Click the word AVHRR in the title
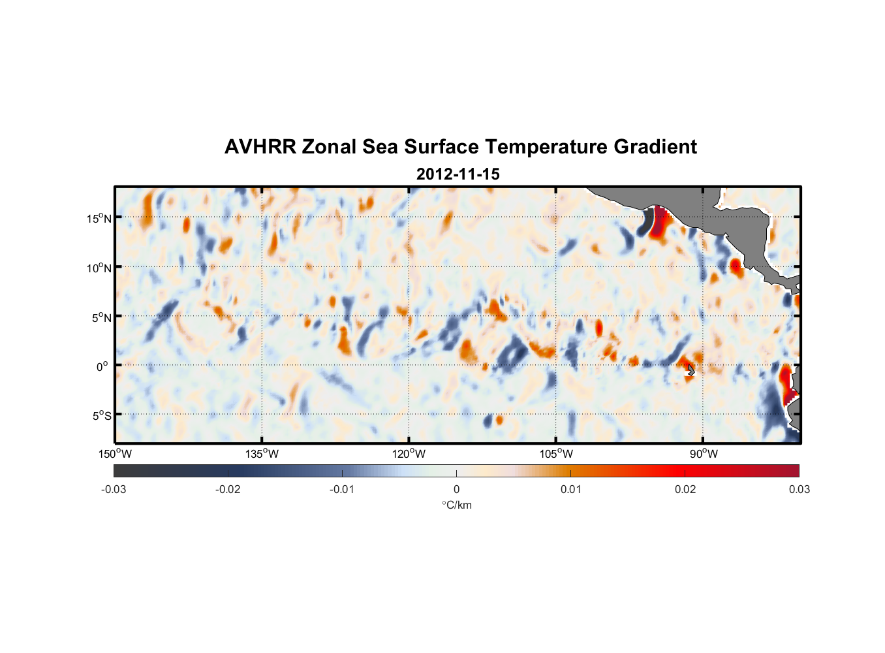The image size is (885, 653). pyautogui.click(x=260, y=147)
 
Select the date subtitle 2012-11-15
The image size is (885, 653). pyautogui.click(x=458, y=174)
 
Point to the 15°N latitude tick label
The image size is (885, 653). pyautogui.click(x=99, y=218)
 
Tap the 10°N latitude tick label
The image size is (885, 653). pyautogui.click(x=99, y=268)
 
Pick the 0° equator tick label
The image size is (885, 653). pyautogui.click(x=102, y=366)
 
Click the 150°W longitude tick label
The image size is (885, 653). pyautogui.click(x=116, y=454)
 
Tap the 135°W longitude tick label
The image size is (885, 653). pyautogui.click(x=262, y=454)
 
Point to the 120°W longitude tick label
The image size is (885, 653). pyautogui.click(x=409, y=454)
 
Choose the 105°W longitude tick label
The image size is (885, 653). pyautogui.click(x=556, y=454)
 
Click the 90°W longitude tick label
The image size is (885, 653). pyautogui.click(x=704, y=454)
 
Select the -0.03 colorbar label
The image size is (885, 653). pyautogui.click(x=114, y=490)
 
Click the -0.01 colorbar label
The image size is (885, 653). pyautogui.click(x=342, y=490)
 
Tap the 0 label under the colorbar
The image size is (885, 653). pyautogui.click(x=456, y=490)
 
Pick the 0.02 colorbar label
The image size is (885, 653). pyautogui.click(x=685, y=490)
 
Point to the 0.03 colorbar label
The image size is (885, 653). pyautogui.click(x=799, y=490)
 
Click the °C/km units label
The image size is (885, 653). pyautogui.click(x=457, y=505)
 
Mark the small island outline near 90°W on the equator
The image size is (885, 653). pyautogui.click(x=691, y=370)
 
